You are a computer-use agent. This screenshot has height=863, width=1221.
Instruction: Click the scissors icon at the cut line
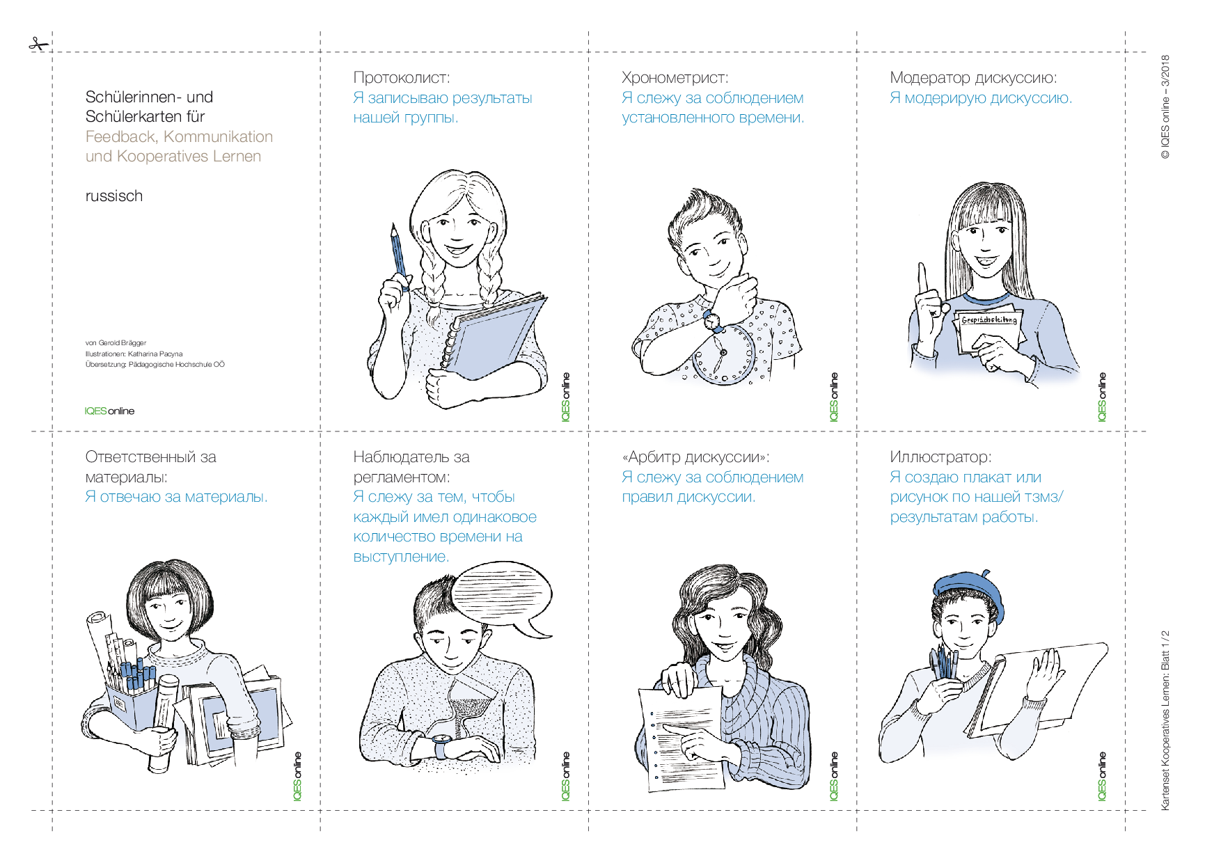click(x=39, y=45)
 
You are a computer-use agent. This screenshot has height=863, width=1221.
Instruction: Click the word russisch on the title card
click(x=114, y=196)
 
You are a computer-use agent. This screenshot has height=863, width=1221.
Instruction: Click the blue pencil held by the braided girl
click(x=398, y=255)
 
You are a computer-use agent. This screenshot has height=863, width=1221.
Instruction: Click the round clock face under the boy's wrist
click(x=724, y=353)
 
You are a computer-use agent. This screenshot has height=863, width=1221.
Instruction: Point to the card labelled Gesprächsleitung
click(x=988, y=328)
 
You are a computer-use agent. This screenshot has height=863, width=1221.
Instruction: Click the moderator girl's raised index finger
click(x=923, y=278)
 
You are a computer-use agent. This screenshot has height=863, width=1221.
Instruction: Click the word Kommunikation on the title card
click(x=219, y=137)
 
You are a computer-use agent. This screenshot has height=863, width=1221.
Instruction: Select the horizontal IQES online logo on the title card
click(x=110, y=411)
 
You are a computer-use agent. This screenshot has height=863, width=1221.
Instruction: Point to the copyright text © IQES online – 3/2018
click(x=1165, y=107)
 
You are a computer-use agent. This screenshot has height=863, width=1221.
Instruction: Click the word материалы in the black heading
click(x=126, y=477)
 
